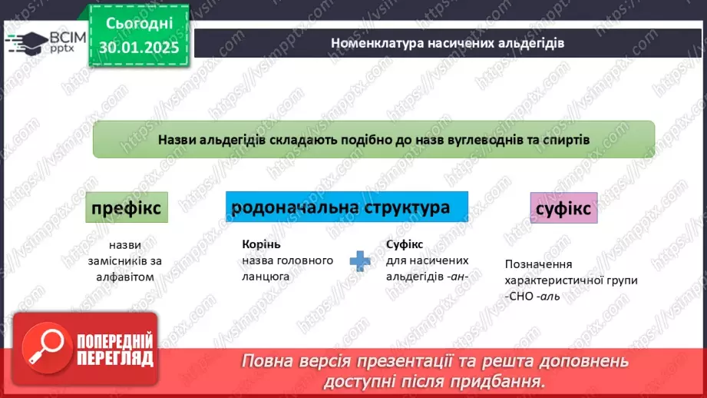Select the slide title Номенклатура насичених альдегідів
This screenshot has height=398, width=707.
(x=448, y=43)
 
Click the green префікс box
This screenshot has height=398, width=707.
(x=127, y=208)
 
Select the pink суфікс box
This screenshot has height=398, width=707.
(x=563, y=209)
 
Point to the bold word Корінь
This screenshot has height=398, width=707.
(x=262, y=244)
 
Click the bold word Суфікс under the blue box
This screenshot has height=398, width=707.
(x=405, y=244)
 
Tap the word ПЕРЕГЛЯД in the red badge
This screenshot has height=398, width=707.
(x=115, y=357)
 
